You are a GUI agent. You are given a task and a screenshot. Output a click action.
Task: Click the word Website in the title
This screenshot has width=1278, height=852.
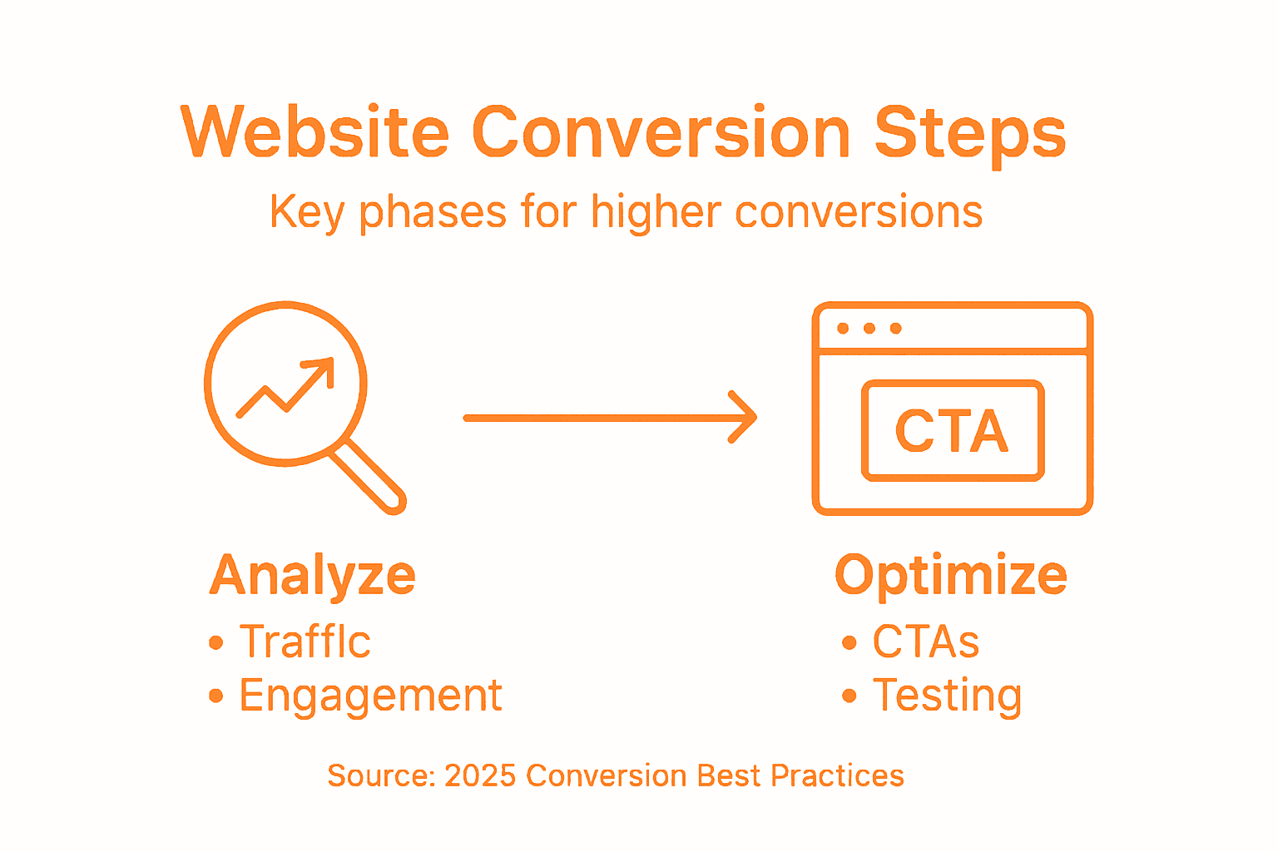[x=315, y=133]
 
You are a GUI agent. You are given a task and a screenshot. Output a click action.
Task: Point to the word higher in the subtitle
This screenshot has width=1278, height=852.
[x=656, y=211]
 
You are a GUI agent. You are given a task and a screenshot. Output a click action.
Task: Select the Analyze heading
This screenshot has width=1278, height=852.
[x=312, y=576]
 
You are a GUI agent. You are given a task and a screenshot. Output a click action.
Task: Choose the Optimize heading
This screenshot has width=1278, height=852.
[x=950, y=576]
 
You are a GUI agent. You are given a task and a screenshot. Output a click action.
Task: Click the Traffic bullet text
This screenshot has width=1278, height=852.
[x=305, y=641]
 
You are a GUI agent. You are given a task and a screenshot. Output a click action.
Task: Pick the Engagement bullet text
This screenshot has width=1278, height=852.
[x=370, y=696]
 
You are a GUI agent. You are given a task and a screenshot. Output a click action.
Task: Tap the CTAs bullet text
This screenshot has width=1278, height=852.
[x=925, y=641]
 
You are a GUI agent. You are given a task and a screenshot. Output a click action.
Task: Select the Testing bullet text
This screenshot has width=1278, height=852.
[x=947, y=696]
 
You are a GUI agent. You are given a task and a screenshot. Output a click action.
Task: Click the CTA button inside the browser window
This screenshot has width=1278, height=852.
[x=953, y=431]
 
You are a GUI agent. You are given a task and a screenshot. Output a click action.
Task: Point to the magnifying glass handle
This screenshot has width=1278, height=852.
[x=368, y=477]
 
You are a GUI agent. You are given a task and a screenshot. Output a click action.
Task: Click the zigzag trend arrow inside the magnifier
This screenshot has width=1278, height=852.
[x=286, y=387]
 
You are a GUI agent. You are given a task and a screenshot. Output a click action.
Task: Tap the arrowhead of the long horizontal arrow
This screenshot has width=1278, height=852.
[x=743, y=418]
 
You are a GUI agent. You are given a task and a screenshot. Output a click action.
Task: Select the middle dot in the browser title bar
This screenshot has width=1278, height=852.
[x=869, y=328]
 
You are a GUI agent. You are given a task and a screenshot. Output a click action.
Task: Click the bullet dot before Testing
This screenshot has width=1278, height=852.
[x=849, y=696]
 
